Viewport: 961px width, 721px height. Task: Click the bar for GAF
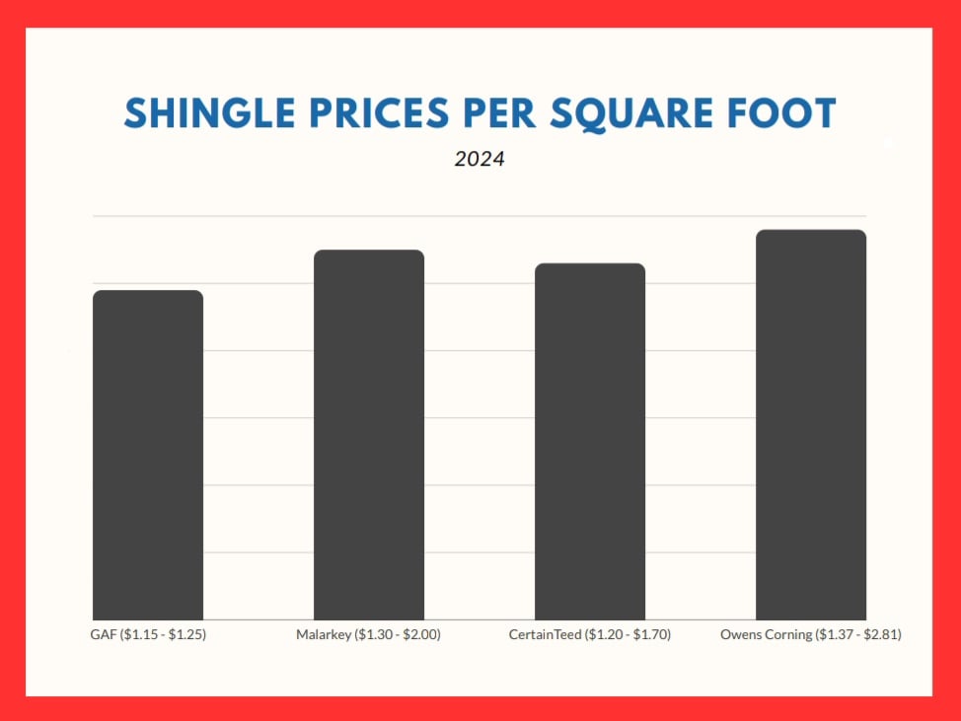148,455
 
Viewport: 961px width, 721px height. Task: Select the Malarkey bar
369,435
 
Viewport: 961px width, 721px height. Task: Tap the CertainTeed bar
590,441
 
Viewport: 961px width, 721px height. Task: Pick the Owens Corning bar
811,424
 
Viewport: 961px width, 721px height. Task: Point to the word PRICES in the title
370,114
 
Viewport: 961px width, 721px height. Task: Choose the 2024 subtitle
480,158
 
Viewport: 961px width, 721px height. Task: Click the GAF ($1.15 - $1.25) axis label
148,635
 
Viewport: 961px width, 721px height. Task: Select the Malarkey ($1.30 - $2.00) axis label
368,635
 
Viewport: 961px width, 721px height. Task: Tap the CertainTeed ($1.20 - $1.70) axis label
589,635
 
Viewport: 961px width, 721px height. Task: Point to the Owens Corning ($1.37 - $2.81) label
811,635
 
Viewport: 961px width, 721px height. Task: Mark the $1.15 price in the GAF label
140,635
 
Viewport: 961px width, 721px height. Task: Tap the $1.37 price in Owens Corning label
835,635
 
